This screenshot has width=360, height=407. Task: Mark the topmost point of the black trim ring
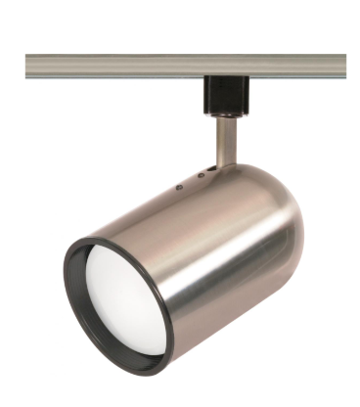tap(98, 227)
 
